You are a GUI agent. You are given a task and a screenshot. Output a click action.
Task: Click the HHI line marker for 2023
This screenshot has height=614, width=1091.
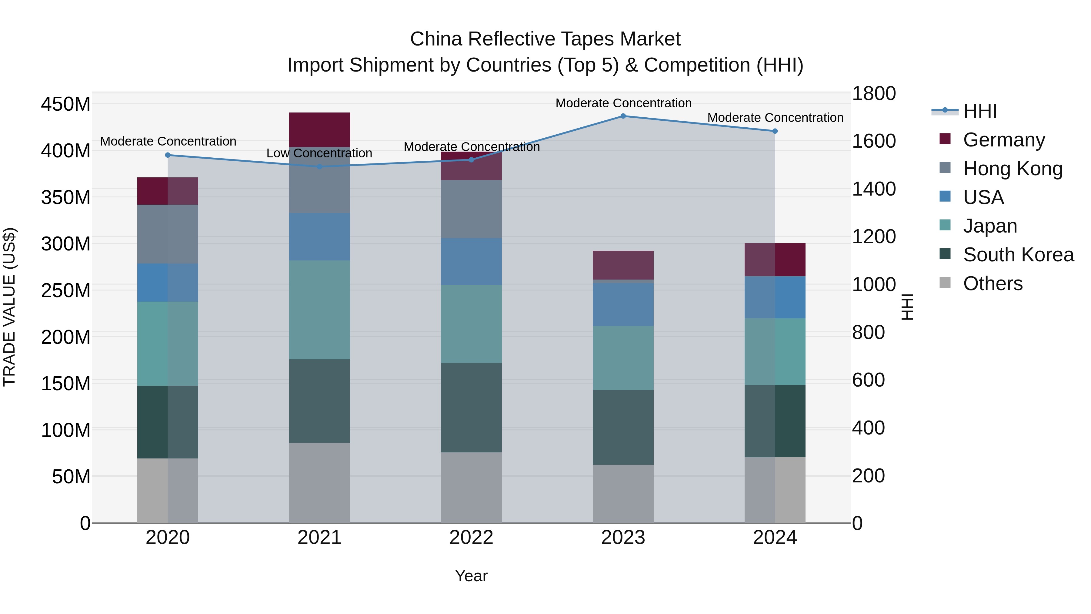(623, 116)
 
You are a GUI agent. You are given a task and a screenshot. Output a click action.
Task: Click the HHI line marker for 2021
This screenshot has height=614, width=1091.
(319, 166)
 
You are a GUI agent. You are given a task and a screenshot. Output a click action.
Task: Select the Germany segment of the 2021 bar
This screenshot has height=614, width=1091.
(319, 130)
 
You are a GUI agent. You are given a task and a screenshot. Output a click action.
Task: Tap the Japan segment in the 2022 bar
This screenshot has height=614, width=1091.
(471, 324)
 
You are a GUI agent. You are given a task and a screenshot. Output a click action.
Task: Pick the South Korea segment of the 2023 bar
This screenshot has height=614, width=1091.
(623, 427)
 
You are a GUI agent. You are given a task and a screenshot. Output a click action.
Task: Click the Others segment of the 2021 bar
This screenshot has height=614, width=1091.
(319, 483)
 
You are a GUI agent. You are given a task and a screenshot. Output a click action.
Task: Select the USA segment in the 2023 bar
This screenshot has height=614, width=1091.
(623, 304)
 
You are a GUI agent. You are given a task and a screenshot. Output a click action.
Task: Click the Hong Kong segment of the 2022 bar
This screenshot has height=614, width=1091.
(471, 209)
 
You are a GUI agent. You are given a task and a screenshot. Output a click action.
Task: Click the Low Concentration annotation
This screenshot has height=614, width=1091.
(319, 153)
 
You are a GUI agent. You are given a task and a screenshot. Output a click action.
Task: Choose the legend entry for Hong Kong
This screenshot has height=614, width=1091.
(1012, 169)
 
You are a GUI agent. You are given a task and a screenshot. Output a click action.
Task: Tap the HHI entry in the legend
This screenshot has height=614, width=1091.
(979, 111)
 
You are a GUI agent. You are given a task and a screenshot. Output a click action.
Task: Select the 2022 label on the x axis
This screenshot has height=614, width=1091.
(471, 538)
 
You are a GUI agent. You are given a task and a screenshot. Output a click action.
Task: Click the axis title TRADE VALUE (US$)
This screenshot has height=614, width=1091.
(9, 307)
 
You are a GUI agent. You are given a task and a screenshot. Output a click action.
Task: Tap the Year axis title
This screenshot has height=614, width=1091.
(471, 576)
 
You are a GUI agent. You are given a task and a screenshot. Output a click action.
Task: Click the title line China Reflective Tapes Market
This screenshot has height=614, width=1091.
(545, 39)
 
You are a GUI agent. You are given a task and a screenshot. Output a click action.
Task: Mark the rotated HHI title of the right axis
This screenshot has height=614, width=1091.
(907, 307)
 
